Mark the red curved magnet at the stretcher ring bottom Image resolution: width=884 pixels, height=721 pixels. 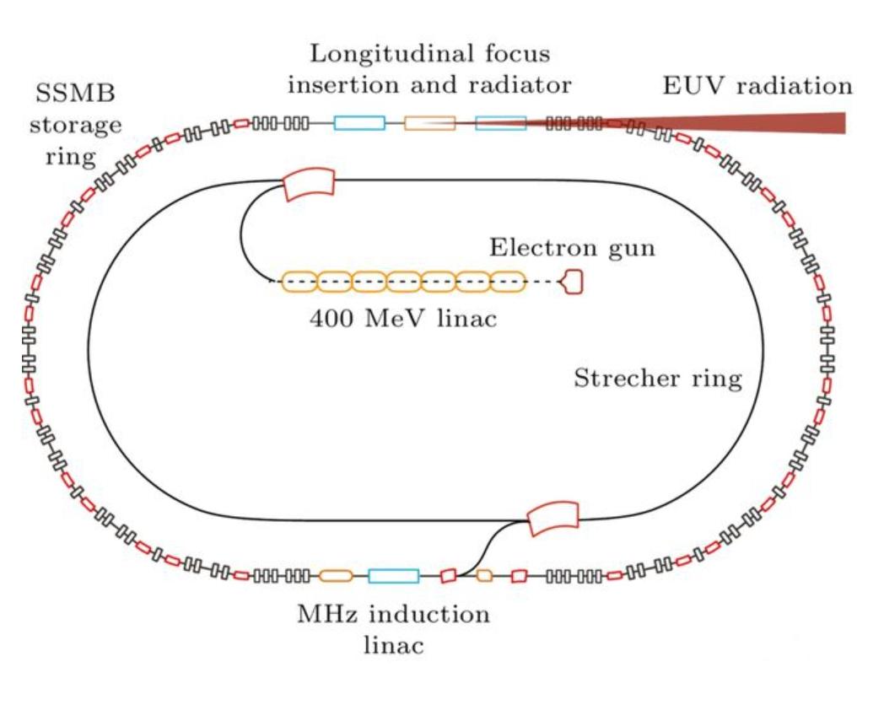pyautogui.click(x=552, y=517)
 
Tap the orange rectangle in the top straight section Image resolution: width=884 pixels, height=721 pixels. pyautogui.click(x=429, y=123)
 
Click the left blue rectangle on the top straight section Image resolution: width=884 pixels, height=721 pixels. pyautogui.click(x=359, y=123)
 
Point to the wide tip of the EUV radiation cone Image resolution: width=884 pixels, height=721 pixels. pyautogui.click(x=839, y=123)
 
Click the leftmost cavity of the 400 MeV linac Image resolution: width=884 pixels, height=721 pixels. pyautogui.click(x=298, y=282)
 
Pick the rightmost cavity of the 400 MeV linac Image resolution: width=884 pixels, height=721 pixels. pyautogui.click(x=508, y=282)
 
